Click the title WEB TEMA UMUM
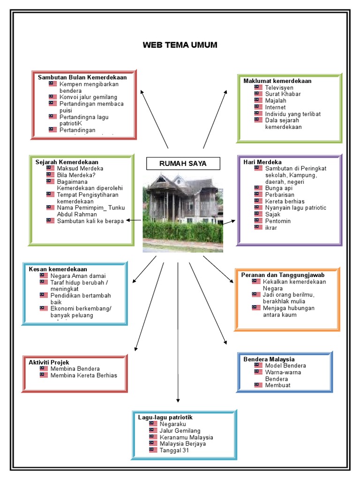click(180, 45)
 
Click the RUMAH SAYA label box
click(183, 163)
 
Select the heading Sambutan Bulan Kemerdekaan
click(82, 77)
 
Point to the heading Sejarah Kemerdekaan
click(67, 162)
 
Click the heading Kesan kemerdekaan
click(58, 270)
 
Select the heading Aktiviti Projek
click(49, 362)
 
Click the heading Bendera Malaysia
click(269, 359)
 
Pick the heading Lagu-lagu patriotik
click(165, 417)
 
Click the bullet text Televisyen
click(279, 87)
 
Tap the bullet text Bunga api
click(278, 188)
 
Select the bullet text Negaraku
click(173, 424)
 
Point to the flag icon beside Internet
click(258, 107)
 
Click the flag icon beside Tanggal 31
click(153, 450)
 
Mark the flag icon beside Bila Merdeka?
click(51, 175)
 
